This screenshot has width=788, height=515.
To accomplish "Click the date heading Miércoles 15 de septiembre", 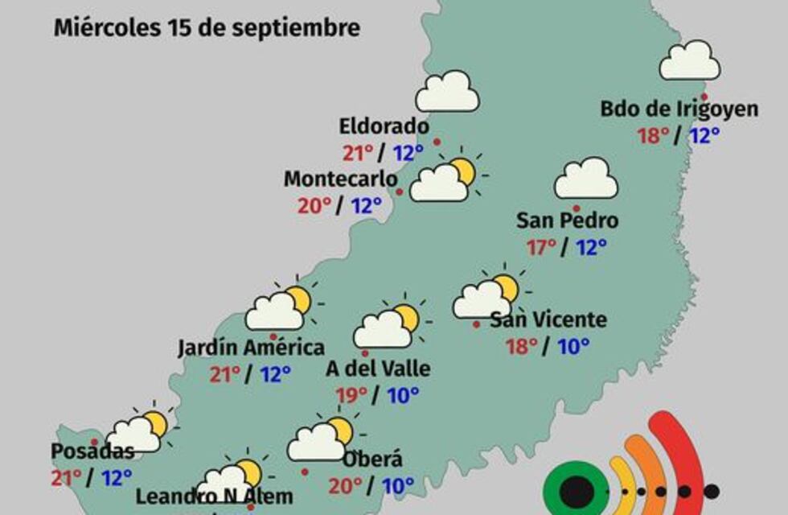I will click(207, 28).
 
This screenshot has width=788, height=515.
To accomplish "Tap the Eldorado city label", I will click(384, 126).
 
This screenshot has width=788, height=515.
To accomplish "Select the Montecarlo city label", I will click(340, 179).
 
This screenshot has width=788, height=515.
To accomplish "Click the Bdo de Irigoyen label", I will click(679, 109).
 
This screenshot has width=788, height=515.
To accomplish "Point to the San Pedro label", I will click(567, 220).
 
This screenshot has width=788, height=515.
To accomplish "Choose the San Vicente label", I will click(548, 319).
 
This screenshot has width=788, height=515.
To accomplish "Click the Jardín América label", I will click(251, 348).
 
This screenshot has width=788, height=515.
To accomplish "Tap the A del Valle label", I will click(378, 369).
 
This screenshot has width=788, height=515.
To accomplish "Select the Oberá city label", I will click(372, 460).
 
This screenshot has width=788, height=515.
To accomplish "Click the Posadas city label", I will click(92, 451).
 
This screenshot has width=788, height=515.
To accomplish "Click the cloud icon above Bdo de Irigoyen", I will click(689, 61).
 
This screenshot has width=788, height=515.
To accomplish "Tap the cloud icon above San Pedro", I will click(586, 179).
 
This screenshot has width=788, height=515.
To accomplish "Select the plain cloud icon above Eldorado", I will click(447, 92).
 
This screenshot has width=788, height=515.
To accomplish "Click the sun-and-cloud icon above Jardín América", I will click(280, 308).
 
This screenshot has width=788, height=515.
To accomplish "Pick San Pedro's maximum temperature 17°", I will click(542, 247).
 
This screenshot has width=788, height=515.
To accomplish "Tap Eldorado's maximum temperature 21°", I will click(358, 153).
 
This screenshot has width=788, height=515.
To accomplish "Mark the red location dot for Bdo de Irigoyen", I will click(704, 96).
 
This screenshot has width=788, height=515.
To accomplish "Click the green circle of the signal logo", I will click(577, 491).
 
